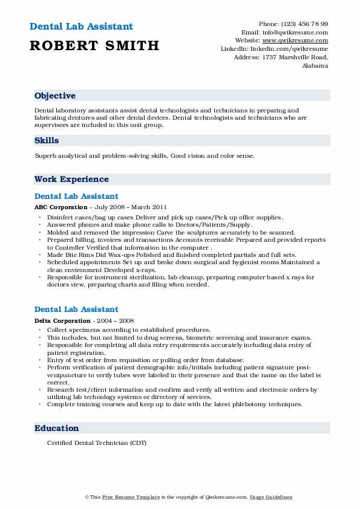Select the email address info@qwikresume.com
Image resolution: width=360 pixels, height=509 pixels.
[301, 32]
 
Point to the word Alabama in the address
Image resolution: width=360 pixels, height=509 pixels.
[315, 65]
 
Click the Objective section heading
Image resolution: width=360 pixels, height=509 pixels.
[55, 96]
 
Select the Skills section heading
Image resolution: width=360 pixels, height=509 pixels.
[47, 140]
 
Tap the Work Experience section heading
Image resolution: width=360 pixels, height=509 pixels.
[71, 179]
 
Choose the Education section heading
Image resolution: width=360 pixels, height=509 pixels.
[57, 428]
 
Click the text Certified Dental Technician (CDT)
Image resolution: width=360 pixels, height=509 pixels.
[96, 443]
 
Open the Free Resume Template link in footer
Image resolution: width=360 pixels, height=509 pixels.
[131, 497]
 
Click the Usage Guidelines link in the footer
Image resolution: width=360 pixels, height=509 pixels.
[271, 497]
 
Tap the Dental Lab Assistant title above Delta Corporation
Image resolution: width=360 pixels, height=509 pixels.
[76, 310]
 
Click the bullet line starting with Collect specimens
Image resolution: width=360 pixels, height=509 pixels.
[129, 330]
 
